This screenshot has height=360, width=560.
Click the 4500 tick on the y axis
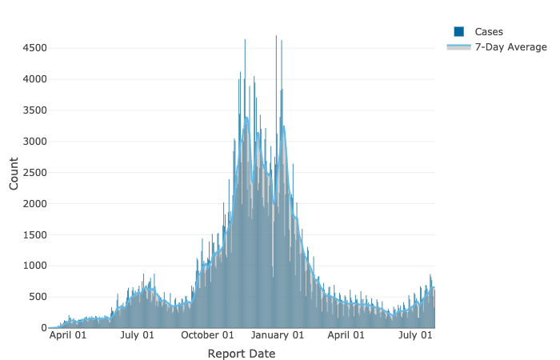pyautogui.click(x=34, y=48)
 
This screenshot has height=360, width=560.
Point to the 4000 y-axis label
pyautogui.click(x=34, y=79)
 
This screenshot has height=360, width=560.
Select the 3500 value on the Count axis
pyautogui.click(x=34, y=110)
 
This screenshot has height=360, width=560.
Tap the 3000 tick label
pyautogui.click(x=34, y=142)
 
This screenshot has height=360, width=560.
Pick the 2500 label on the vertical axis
pyautogui.click(x=34, y=173)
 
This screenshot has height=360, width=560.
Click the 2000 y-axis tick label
pyautogui.click(x=34, y=204)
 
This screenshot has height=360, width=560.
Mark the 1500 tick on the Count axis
pyautogui.click(x=34, y=235)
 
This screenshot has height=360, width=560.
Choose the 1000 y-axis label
pyautogui.click(x=34, y=266)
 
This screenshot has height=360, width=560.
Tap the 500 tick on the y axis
pyautogui.click(x=38, y=297)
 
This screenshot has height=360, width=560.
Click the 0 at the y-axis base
pyautogui.click(x=44, y=328)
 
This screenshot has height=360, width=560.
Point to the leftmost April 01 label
pyautogui.click(x=69, y=336)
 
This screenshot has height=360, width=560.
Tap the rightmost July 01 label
pyautogui.click(x=416, y=336)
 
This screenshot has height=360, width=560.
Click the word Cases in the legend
pyautogui.click(x=489, y=31)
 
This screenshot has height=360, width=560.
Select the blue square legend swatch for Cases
pyautogui.click(x=459, y=31)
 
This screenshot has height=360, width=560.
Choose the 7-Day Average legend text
pyautogui.click(x=511, y=47)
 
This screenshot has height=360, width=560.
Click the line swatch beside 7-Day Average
pyautogui.click(x=459, y=47)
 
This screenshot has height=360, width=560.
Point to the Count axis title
pyautogui.click(x=14, y=173)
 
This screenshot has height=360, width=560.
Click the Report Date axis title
pyautogui.click(x=242, y=354)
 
